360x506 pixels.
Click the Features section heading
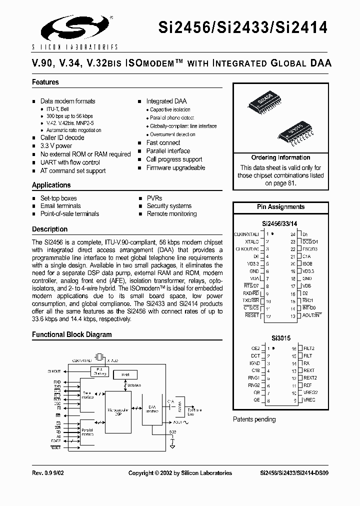pos(45,82)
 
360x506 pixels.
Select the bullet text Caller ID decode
pos(62,137)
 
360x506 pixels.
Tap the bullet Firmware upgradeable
pos(175,168)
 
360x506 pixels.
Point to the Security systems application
pos(169,205)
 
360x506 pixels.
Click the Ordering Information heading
pos(280,157)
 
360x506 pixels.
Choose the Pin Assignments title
pos(280,206)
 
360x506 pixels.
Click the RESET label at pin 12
pos(252,315)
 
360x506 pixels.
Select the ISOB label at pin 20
pos(307,263)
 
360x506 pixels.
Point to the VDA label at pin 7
pos(254,278)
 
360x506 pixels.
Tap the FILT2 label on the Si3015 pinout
pos(309,348)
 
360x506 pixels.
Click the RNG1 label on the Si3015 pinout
pos(254,378)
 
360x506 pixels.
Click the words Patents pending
pos(254,419)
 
